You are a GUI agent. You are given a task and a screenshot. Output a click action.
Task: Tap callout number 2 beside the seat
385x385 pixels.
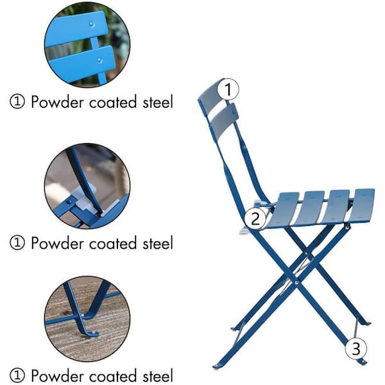click(x=255, y=218)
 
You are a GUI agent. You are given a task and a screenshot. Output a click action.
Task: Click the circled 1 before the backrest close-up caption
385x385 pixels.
click(x=17, y=101)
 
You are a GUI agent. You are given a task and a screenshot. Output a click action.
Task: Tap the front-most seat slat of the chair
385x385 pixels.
click(x=363, y=204)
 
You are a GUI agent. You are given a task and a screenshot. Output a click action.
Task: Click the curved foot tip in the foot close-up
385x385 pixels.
click(x=90, y=332)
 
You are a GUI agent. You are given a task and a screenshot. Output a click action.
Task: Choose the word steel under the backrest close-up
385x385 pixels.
click(x=157, y=101)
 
